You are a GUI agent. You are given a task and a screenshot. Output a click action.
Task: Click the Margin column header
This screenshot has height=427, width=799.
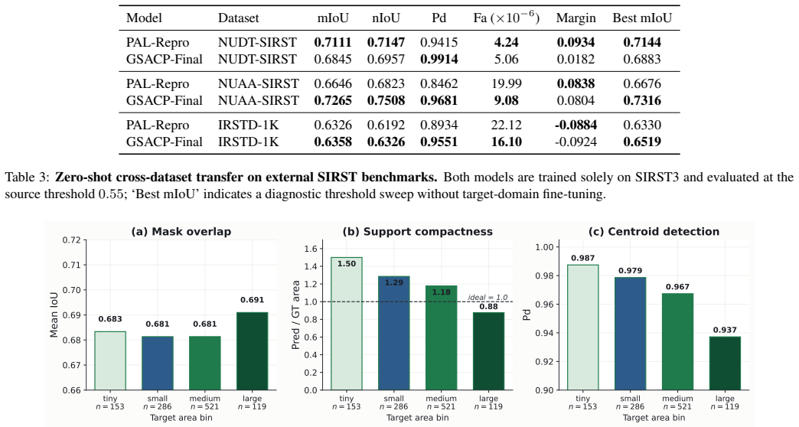[576, 18]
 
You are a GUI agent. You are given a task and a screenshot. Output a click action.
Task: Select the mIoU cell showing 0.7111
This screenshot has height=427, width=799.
[333, 42]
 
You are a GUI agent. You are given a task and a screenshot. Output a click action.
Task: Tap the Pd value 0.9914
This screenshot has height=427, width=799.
[439, 59]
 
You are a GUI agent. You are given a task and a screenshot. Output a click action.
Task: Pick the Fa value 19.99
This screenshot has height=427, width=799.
[506, 83]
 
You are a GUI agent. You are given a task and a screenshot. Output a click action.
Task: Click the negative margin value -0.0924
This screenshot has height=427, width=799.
[576, 142]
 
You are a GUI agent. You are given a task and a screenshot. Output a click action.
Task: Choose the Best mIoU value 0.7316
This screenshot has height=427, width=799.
[642, 100]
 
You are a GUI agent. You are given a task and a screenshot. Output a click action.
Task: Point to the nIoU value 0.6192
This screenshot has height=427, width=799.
[386, 125]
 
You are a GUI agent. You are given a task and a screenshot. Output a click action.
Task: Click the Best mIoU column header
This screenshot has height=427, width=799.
[642, 18]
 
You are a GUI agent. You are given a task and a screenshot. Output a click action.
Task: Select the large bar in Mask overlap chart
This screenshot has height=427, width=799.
[252, 351]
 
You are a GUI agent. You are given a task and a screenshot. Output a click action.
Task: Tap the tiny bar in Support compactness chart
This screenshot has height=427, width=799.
[347, 324]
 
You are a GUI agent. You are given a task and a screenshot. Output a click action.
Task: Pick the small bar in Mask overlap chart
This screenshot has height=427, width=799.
[158, 363]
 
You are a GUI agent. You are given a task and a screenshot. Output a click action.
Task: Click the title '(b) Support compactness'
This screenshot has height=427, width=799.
[418, 232]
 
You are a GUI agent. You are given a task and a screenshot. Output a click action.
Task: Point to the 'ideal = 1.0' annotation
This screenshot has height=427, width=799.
[488, 298]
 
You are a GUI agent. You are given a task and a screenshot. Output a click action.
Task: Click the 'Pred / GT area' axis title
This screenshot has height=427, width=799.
[295, 315]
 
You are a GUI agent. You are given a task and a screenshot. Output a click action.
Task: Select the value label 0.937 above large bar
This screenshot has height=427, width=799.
[725, 330]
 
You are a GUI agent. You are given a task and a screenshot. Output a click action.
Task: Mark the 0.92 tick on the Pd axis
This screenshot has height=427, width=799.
[543, 362]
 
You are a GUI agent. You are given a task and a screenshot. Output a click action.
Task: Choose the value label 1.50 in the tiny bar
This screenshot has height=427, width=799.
[347, 264]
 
